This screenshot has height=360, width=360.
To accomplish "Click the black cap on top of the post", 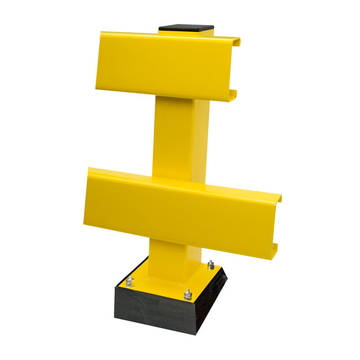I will (186, 28).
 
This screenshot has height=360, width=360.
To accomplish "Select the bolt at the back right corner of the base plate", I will (210, 264).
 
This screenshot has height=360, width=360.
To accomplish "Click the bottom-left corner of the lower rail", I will (85, 224).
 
